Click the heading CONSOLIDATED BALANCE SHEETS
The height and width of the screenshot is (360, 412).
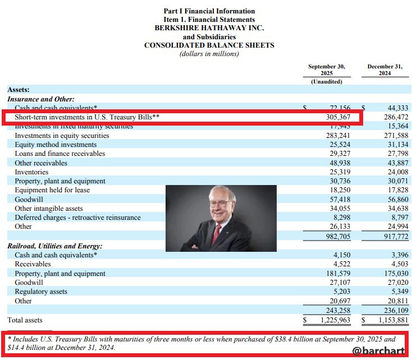[209, 45]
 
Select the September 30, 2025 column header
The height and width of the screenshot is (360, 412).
[326, 70]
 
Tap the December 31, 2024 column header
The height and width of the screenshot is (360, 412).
[384, 70]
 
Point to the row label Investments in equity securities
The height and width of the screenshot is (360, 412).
[62, 135]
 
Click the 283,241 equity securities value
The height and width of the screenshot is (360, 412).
[338, 135]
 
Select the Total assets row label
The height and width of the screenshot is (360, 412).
[25, 320]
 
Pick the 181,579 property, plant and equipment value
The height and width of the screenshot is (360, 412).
[338, 273]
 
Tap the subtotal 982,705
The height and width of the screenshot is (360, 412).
[338, 236]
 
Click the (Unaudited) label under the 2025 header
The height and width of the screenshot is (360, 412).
[326, 82]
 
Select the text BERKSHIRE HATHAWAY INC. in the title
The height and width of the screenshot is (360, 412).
[209, 27]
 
